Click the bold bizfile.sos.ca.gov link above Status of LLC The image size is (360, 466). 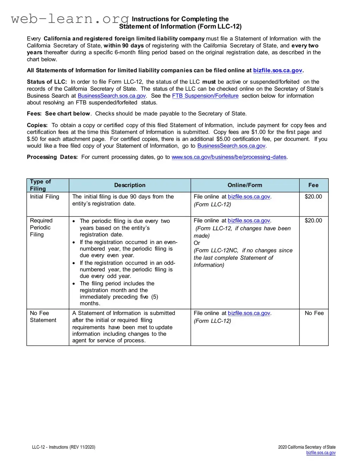[277, 70]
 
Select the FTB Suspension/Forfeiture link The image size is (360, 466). [205, 96]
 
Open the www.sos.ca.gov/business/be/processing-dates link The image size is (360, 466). [229, 157]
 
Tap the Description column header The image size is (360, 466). [130, 185]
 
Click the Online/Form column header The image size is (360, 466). [245, 185]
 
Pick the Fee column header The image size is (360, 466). [313, 185]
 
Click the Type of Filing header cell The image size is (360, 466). [40, 185]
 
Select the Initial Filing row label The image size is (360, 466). [45, 197]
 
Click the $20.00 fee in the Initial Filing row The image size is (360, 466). [313, 197]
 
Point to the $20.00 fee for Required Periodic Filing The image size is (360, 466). [313, 221]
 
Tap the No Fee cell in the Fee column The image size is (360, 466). [314, 313]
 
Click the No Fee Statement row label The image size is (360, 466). [43, 316]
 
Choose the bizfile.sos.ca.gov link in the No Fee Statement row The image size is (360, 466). [249, 313]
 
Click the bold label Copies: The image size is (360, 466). [37, 125]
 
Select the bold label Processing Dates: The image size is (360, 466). [52, 157]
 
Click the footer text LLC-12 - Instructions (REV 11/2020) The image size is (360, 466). [64, 447]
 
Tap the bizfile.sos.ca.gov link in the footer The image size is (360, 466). [321, 453]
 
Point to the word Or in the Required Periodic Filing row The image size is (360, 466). [197, 243]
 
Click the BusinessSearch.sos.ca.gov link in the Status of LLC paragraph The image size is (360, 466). [112, 96]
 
